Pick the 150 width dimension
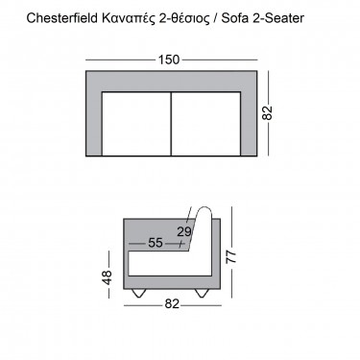click(x=170, y=60)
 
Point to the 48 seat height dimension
click(x=108, y=276)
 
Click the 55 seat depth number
click(x=156, y=244)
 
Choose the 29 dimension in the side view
click(x=184, y=230)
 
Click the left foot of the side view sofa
click(x=141, y=292)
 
